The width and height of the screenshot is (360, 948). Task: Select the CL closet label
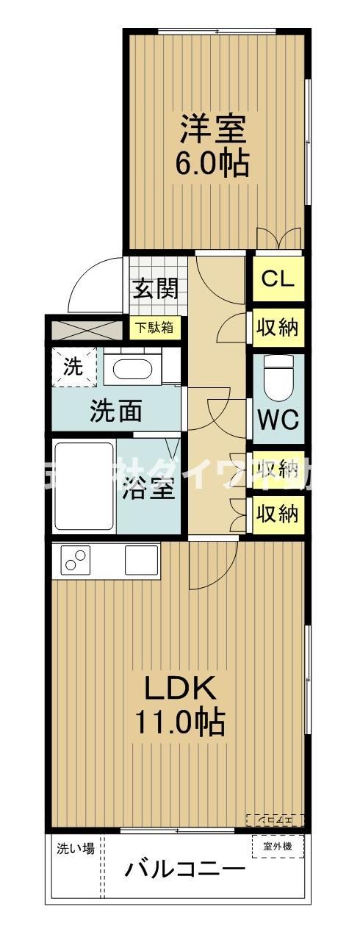click(x=278, y=279)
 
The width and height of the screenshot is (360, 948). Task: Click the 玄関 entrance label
click(x=155, y=289)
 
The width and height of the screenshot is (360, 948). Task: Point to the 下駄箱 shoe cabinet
click(x=154, y=327)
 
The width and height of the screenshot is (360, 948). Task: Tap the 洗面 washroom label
click(x=115, y=412)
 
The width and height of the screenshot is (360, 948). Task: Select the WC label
click(x=277, y=420)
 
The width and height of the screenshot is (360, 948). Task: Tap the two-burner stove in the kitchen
click(x=75, y=561)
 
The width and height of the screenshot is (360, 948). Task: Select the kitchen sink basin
click(x=141, y=560)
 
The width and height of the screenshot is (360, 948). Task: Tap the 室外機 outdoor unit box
click(x=278, y=847)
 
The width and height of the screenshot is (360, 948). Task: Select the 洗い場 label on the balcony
click(x=76, y=849)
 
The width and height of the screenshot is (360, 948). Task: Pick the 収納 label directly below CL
click(x=278, y=328)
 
